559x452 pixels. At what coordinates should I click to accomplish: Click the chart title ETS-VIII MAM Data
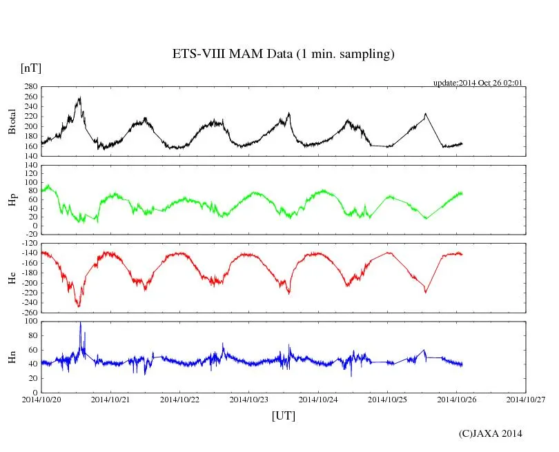(x=283, y=55)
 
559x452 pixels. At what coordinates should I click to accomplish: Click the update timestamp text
(x=478, y=83)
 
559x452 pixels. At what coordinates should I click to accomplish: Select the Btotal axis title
(x=12, y=121)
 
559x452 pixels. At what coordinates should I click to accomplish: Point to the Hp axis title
(x=12, y=199)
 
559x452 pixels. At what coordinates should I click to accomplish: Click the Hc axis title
(x=12, y=277)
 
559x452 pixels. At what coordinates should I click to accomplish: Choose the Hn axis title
(x=12, y=356)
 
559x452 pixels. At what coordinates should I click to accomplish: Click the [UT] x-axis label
(x=284, y=415)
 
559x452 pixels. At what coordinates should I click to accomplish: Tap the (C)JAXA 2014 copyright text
(x=490, y=433)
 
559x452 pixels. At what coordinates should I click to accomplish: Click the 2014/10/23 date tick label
(x=249, y=399)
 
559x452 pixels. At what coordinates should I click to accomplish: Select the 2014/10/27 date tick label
(x=526, y=399)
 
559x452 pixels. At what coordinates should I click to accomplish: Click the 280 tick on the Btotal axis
(x=30, y=87)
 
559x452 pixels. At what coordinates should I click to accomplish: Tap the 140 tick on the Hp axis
(x=30, y=166)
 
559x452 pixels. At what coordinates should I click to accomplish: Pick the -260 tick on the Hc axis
(x=28, y=313)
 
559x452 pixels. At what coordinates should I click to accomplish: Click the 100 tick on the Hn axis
(x=30, y=322)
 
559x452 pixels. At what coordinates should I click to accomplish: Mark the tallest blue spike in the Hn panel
(x=80, y=323)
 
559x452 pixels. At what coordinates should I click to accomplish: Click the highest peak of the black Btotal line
(x=80, y=98)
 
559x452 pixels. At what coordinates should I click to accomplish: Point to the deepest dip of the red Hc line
(x=79, y=306)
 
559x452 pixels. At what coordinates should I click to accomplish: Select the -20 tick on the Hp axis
(x=30, y=235)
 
